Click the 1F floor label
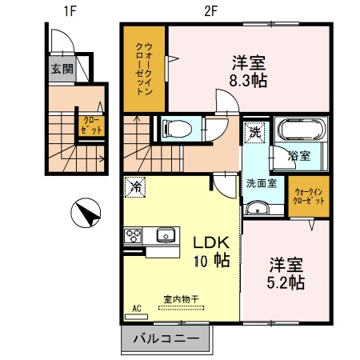(x=70, y=11)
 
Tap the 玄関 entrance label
(x=62, y=70)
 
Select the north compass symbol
(x=86, y=214)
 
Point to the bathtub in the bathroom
(x=298, y=130)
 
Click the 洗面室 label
(x=262, y=182)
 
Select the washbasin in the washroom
(x=258, y=208)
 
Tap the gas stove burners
(x=133, y=235)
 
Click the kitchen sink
(x=166, y=235)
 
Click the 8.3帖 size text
(x=250, y=81)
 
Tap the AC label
(x=134, y=306)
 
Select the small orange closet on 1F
(x=90, y=124)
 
